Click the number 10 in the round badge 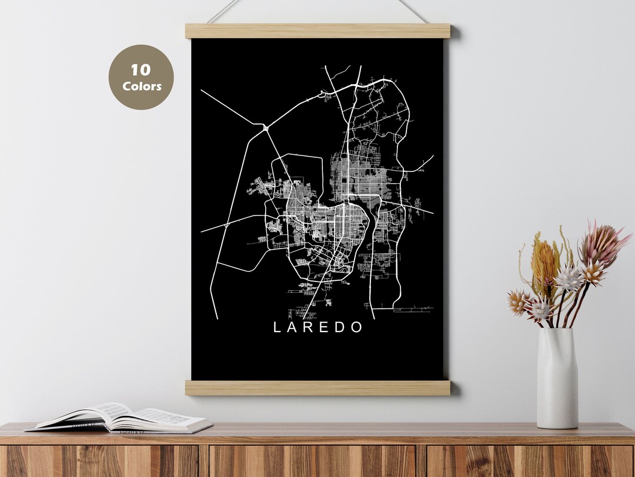click(x=141, y=70)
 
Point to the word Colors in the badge click(x=141, y=86)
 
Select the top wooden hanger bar click(x=317, y=31)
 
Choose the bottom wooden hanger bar click(x=317, y=387)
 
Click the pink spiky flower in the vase click(x=600, y=244)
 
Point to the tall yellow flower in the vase click(x=544, y=262)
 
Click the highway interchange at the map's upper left click(x=265, y=126)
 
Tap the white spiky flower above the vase click(x=569, y=279)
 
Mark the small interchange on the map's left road click(x=227, y=224)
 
